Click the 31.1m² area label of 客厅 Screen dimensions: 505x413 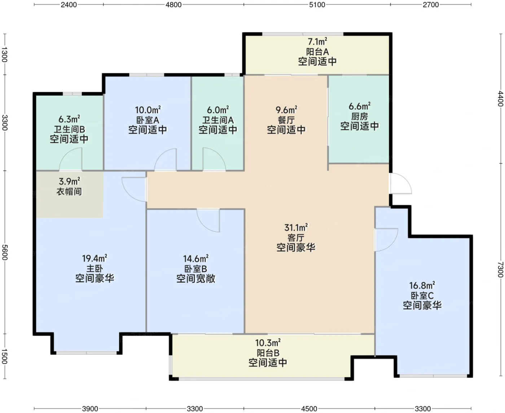pyautogui.click(x=296, y=227)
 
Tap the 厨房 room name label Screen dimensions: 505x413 pyautogui.click(x=359, y=116)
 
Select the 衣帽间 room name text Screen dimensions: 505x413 pyautogui.click(x=69, y=191)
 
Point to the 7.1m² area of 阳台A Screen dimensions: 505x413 pyautogui.click(x=317, y=42)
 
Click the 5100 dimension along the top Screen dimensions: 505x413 pyautogui.click(x=317, y=5)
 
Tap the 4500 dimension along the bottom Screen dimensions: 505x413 pyautogui.click(x=309, y=409)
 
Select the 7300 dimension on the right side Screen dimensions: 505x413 pyautogui.click(x=500, y=270)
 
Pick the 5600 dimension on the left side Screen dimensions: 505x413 pyautogui.click(x=5, y=252)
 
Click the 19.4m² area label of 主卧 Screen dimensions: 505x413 pyautogui.click(x=95, y=258)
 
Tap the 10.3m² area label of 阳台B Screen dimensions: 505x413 pyautogui.click(x=268, y=343)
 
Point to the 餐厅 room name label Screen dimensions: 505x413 pyautogui.click(x=286, y=120)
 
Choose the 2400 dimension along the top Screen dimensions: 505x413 pyautogui.click(x=69, y=5)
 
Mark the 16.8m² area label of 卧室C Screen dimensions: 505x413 pyautogui.click(x=422, y=285)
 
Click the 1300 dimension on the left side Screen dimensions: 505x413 pyautogui.click(x=5, y=54)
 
